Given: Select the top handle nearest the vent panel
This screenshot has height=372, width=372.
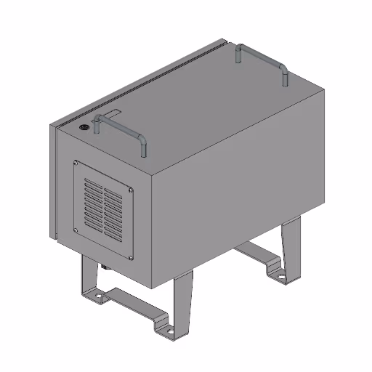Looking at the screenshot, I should [x=120, y=127].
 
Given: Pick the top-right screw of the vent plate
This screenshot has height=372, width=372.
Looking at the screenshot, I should [x=130, y=190].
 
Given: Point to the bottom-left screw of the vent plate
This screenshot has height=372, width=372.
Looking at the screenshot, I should [x=76, y=231].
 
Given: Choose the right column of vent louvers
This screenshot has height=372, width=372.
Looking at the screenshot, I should [x=113, y=214].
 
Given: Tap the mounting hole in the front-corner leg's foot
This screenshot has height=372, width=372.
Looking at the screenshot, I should [x=170, y=331].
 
